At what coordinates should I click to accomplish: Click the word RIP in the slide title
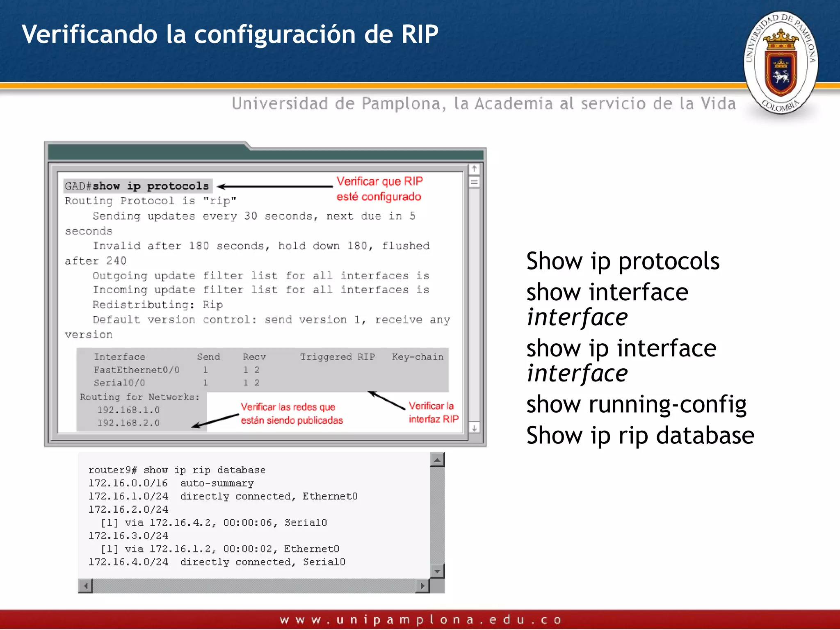(x=420, y=34)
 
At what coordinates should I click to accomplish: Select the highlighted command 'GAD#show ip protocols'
(x=137, y=186)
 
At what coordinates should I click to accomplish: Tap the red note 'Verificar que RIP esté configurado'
(x=379, y=189)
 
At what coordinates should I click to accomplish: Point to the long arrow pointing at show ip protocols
(x=275, y=187)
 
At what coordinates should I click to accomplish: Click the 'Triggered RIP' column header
(x=337, y=357)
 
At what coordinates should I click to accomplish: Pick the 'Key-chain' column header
(x=417, y=357)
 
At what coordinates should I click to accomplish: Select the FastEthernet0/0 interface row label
(x=136, y=370)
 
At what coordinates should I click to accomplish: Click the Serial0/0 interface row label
(x=119, y=383)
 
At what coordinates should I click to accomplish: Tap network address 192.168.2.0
(x=128, y=423)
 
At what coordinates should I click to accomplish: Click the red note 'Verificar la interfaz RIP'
(x=433, y=412)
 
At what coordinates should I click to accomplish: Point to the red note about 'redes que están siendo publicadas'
(x=291, y=413)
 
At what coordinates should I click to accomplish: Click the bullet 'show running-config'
(x=636, y=404)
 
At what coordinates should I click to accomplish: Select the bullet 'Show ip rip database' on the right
(x=640, y=436)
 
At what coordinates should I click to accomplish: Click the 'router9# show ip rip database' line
(x=177, y=470)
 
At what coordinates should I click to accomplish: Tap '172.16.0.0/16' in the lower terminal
(x=128, y=483)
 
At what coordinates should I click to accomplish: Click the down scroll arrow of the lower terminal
(x=437, y=571)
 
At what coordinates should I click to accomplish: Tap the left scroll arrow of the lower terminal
(x=85, y=586)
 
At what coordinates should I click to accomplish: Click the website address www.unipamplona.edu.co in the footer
(x=420, y=620)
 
